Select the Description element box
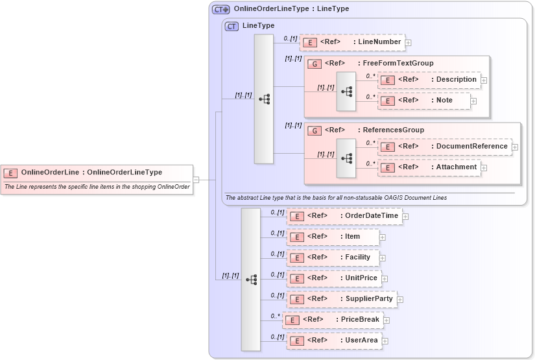429,80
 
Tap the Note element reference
424,101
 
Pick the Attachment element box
429,167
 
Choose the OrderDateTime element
344,215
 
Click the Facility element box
332,258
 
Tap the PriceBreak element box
333,320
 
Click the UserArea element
333,341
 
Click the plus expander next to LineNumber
409,43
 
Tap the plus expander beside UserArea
385,341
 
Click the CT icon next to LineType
232,26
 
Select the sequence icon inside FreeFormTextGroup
346,92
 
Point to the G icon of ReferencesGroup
315,130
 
